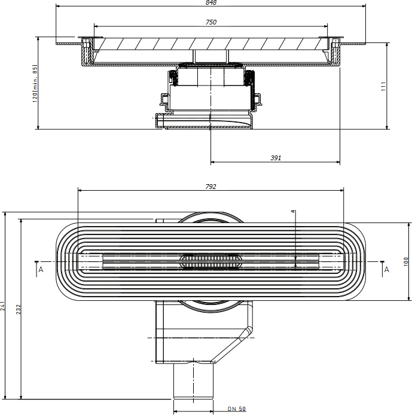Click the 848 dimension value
point(211,2)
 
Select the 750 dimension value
point(211,22)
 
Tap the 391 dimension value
point(276,158)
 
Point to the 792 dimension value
point(210,187)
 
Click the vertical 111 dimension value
point(383,86)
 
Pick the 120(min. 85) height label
point(35,83)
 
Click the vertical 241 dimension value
point(2,306)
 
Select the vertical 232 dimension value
point(19,309)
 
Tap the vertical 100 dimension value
point(406,261)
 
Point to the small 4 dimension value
point(292,211)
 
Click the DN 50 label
point(237,409)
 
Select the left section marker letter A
point(41,270)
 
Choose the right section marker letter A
point(387,270)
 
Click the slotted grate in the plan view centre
point(210,261)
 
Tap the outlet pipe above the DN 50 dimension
point(193,380)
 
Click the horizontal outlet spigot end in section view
point(159,121)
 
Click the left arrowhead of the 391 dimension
point(212,162)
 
